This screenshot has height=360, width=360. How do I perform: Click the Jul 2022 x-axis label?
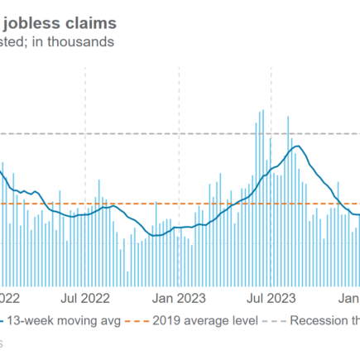coord(86,295)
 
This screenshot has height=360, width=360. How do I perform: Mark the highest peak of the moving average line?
coord(296,147)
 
